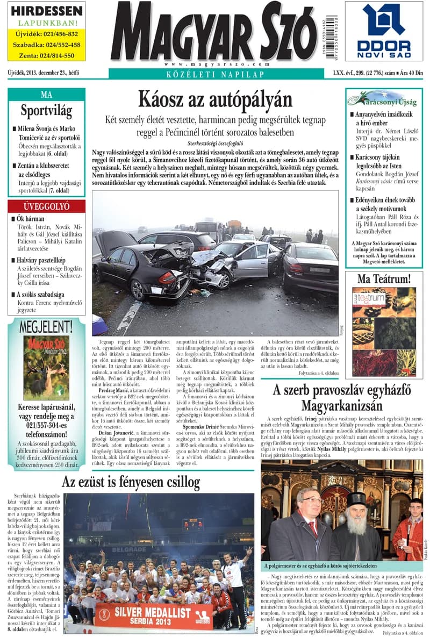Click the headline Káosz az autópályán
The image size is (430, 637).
tap(215, 100)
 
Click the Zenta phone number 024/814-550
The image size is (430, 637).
tap(46, 55)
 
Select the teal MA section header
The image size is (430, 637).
tap(46, 95)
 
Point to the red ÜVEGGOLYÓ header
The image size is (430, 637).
tap(46, 206)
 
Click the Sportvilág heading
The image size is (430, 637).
tap(46, 111)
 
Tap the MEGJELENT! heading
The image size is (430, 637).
tap(46, 326)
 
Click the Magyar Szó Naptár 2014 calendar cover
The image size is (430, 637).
tap(46, 368)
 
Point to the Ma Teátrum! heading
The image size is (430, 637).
tap(384, 278)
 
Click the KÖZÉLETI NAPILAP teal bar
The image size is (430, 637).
tap(215, 74)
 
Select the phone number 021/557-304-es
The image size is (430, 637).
tap(46, 425)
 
